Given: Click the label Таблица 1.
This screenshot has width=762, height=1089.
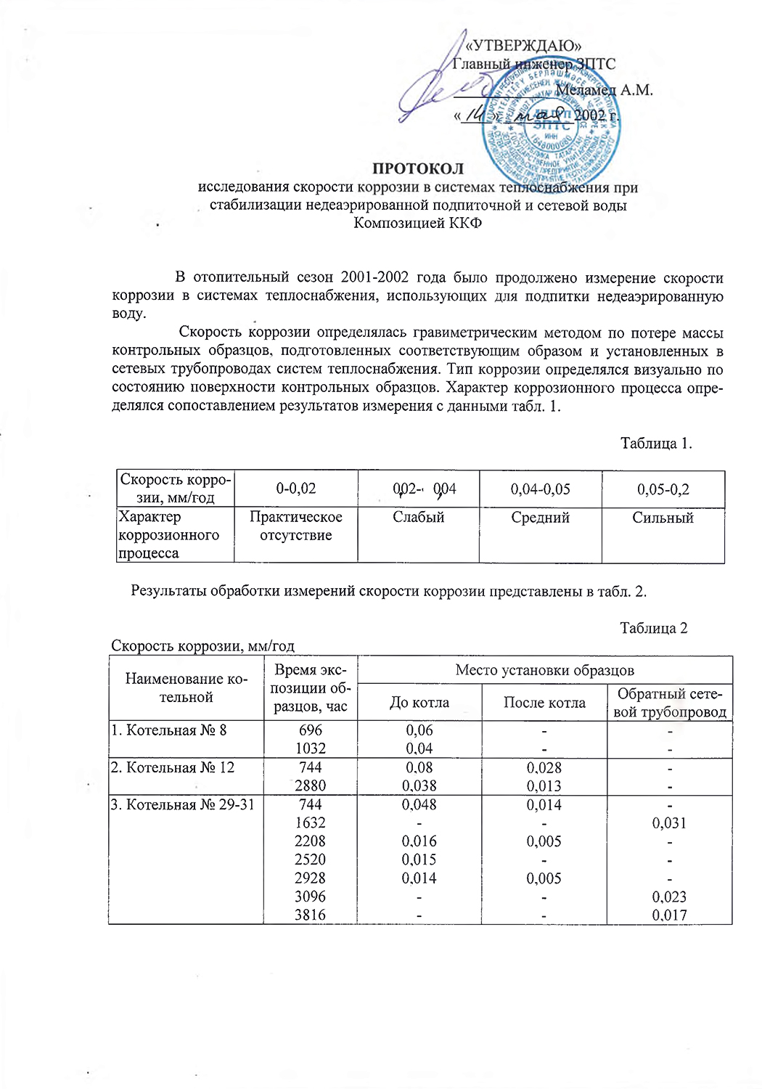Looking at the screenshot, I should point(656,444).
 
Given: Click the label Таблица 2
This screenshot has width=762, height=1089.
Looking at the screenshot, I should point(653,628).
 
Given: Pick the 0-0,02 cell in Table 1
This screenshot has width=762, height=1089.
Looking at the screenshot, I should point(296,489).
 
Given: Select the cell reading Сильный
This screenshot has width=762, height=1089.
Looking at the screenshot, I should point(663,518).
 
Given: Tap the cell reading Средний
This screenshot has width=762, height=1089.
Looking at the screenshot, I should point(540,518).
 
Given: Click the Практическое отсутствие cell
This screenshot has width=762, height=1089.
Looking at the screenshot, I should point(296,526).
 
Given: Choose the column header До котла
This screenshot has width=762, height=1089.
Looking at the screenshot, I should point(419,703).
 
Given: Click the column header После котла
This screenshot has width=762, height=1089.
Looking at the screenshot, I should point(544,703).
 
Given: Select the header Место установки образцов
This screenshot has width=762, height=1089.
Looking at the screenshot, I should point(544,669).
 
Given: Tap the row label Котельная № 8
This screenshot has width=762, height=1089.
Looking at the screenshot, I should point(169,730).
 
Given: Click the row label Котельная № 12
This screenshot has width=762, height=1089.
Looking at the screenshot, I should point(173,768).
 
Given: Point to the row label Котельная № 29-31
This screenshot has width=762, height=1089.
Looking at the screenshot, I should point(183,805).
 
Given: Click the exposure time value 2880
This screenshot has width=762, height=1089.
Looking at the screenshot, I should point(310,786).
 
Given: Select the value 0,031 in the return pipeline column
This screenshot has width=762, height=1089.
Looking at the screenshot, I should point(669,823).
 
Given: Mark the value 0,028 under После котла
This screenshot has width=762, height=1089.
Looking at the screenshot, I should point(544,768).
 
